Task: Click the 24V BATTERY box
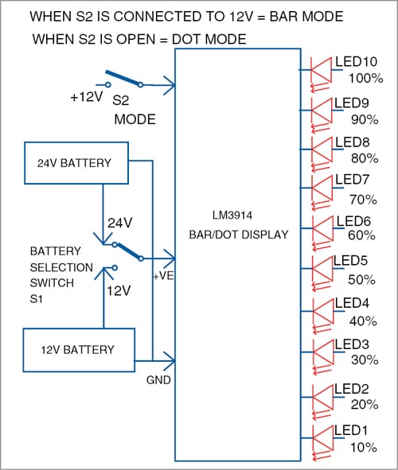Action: (76, 164)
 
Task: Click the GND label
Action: (158, 380)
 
